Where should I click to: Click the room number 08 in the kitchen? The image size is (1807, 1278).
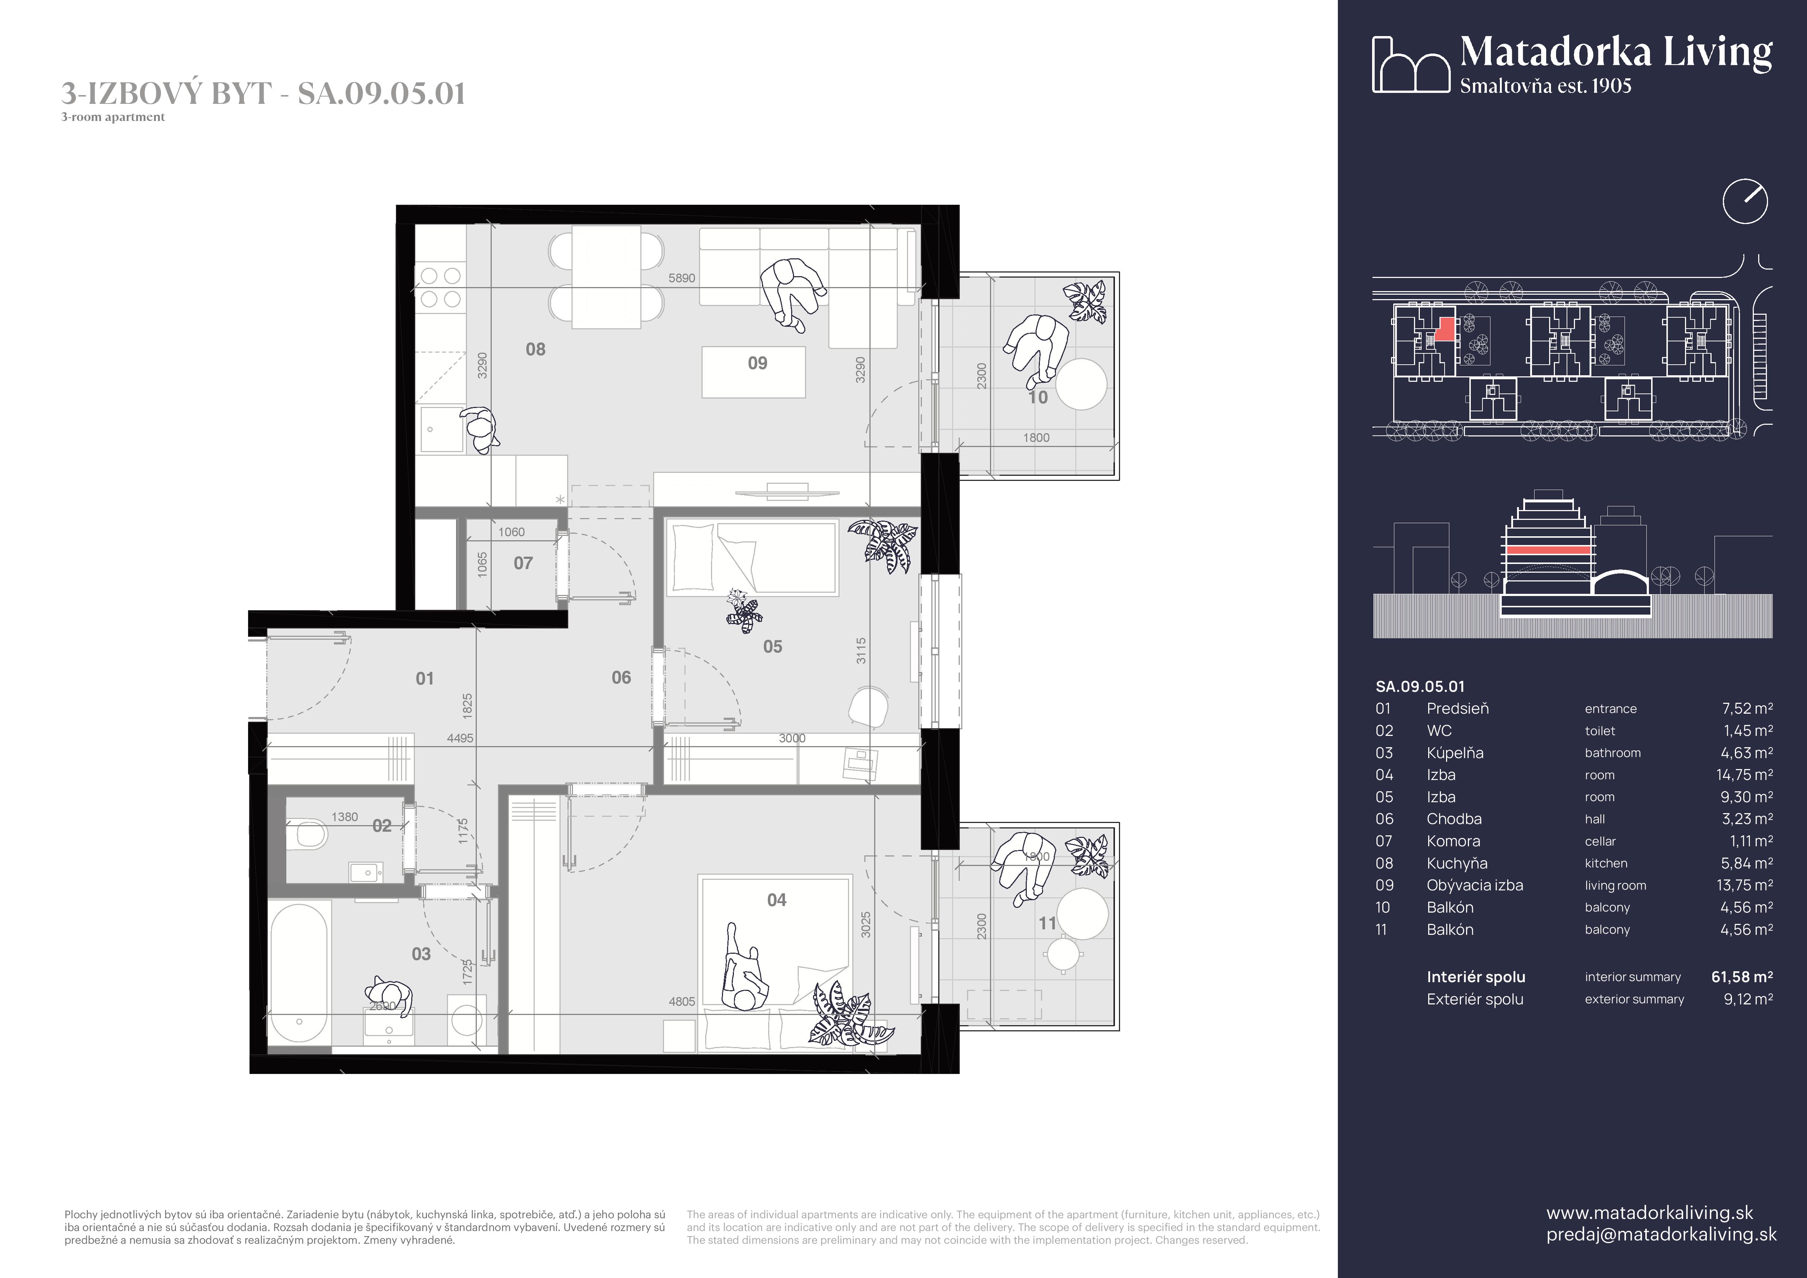(535, 349)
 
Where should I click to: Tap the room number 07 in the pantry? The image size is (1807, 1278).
(523, 564)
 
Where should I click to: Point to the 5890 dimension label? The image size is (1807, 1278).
(681, 278)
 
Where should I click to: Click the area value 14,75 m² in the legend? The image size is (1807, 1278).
(1744, 775)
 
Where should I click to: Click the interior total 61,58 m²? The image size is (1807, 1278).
(1742, 977)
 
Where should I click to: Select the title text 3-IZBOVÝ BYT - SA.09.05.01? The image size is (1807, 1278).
(264, 94)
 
